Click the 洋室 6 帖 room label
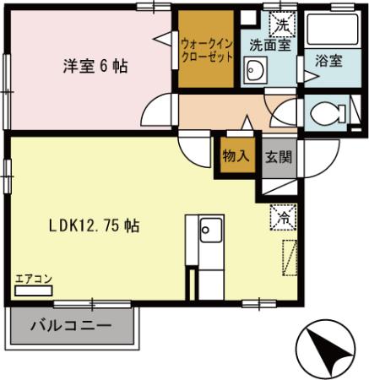pos(94,65)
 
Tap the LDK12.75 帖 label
pos(93,225)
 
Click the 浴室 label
pos(328,61)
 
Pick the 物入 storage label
pos(236,155)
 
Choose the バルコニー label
pos(71,325)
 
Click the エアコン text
pos(34,278)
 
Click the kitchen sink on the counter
pos(209,229)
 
